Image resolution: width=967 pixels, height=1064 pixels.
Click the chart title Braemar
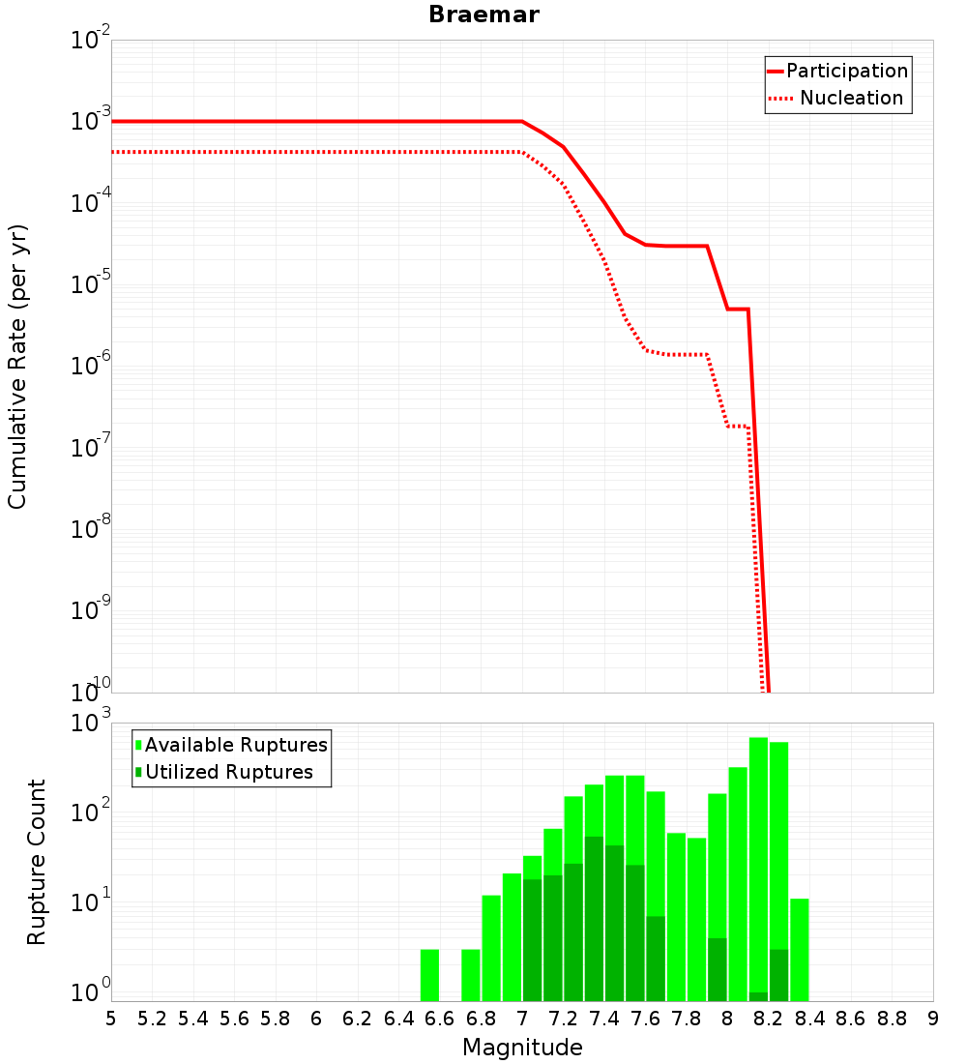click(483, 15)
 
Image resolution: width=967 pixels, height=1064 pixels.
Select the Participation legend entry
click(838, 71)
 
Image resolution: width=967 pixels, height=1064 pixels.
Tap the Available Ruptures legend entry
click(231, 745)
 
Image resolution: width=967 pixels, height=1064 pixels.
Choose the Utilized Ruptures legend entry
click(224, 772)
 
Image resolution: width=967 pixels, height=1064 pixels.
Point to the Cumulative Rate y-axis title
click(17, 367)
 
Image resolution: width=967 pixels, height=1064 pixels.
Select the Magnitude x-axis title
click(522, 1048)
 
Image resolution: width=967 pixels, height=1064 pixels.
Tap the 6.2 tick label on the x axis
click(358, 1020)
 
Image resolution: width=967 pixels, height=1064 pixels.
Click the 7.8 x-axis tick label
click(686, 1020)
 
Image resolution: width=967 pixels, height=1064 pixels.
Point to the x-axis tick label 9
click(933, 1020)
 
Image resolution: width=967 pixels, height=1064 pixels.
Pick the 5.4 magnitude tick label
click(193, 1020)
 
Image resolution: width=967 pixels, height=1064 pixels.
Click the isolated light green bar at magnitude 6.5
click(429, 975)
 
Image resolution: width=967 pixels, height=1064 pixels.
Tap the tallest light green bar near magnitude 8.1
click(758, 870)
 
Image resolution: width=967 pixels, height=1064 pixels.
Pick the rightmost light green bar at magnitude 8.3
click(800, 950)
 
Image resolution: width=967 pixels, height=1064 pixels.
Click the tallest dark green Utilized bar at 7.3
click(594, 919)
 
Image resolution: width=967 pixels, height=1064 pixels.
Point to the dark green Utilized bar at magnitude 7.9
click(718, 969)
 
